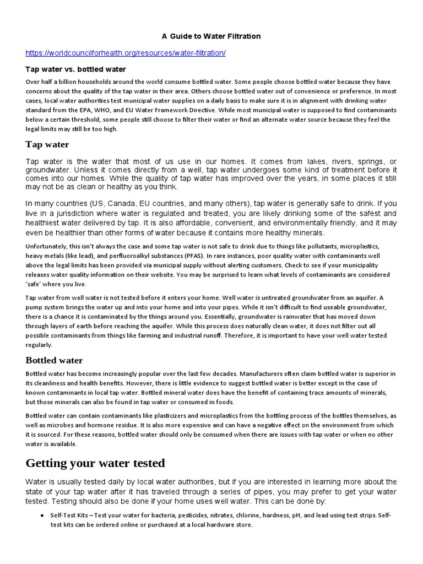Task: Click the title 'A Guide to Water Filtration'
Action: (x=211, y=36)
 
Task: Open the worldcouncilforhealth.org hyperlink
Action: (x=126, y=53)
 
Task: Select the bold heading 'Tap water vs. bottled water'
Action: (x=76, y=69)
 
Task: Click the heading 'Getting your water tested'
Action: (x=95, y=463)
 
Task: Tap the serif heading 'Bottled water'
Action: (x=54, y=360)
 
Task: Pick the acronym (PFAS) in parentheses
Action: (x=192, y=256)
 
